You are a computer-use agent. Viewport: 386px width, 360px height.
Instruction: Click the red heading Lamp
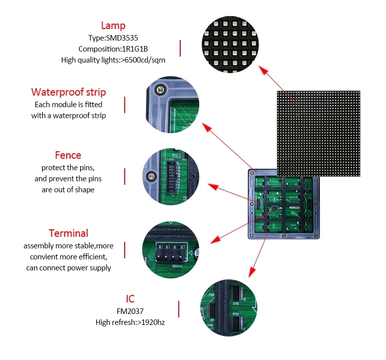(113, 26)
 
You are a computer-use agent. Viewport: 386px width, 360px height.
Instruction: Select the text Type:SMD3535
(113, 38)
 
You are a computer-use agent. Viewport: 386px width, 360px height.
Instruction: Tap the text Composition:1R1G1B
(113, 49)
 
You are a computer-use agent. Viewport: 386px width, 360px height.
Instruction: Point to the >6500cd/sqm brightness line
(113, 60)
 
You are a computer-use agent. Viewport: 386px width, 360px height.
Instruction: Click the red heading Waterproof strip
(69, 92)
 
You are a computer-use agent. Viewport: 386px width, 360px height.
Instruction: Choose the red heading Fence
(68, 155)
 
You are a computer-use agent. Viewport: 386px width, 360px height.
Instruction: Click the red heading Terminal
(69, 233)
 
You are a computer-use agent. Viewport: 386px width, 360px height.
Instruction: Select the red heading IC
(130, 299)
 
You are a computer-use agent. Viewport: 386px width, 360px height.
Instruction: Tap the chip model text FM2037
(130, 311)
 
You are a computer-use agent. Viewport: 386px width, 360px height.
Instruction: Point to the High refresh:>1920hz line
(130, 322)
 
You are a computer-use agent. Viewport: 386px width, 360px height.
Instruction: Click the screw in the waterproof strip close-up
(161, 90)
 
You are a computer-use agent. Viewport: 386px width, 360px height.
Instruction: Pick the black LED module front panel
(318, 133)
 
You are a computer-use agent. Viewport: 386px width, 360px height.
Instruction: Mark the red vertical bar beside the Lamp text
(180, 49)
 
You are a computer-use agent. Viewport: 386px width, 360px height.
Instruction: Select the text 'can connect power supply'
(69, 268)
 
